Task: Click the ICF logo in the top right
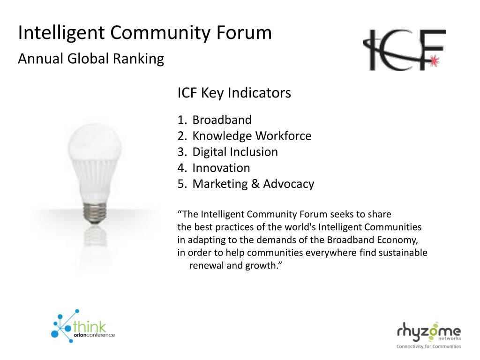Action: (404, 50)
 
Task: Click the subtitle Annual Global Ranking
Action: (91, 59)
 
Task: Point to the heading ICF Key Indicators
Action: (234, 93)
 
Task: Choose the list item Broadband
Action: (222, 120)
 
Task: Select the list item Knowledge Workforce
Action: (252, 136)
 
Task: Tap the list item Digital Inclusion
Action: (235, 152)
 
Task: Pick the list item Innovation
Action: (221, 168)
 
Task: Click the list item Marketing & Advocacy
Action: (253, 184)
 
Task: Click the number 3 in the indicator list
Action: (181, 152)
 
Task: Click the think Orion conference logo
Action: (82, 326)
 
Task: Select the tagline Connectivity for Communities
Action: (428, 346)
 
